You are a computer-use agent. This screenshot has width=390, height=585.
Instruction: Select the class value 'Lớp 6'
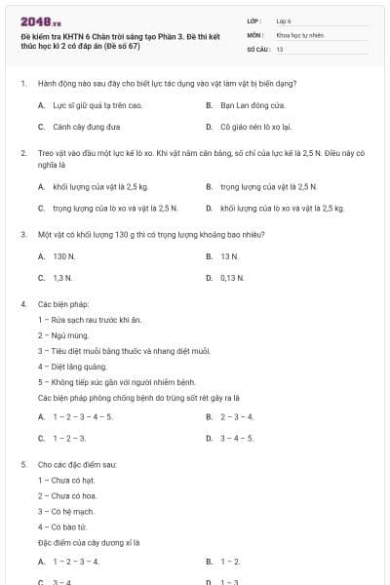[x=284, y=19]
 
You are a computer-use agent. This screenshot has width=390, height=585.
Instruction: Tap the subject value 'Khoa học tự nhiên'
[x=298, y=33]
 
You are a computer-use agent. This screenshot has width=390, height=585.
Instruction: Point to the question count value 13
[x=280, y=48]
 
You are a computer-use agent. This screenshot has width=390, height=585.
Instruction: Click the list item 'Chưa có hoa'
[x=67, y=496]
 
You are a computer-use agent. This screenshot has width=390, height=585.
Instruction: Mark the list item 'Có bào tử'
[x=64, y=527]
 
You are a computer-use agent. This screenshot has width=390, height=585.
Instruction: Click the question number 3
[x=22, y=235]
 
